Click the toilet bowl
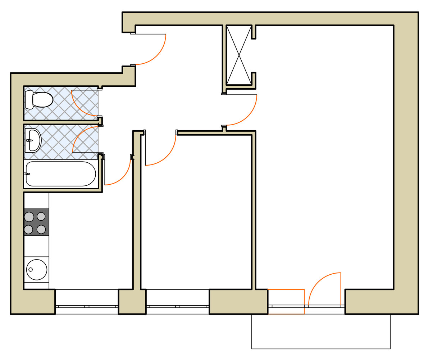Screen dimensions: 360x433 (x=43, y=99)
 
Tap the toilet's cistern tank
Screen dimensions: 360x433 (x=29, y=99)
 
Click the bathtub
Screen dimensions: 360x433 (x=60, y=174)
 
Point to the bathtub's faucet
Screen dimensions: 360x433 (x=27, y=174)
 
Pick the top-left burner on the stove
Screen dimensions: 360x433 (x=29, y=217)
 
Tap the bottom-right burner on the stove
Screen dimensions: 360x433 (x=41, y=229)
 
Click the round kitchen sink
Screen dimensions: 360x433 (x=36, y=269)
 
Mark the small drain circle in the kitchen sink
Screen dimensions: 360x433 (x=31, y=269)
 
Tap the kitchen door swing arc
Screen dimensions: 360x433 (x=122, y=176)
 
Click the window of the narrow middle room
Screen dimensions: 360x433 (x=178, y=306)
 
